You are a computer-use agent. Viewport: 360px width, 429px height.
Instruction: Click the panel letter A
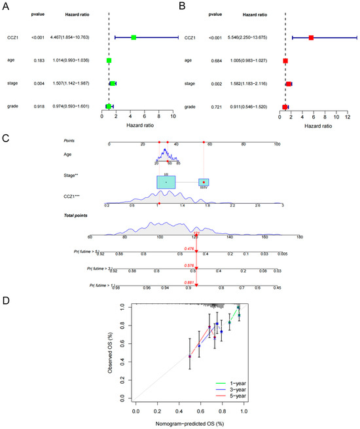point(5,6)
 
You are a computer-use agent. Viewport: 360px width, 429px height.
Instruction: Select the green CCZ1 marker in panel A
point(134,38)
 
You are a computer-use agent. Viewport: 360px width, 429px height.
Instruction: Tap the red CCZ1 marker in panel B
point(311,38)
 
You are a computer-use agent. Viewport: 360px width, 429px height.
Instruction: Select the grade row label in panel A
point(9,105)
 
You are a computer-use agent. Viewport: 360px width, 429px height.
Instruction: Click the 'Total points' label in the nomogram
point(75,214)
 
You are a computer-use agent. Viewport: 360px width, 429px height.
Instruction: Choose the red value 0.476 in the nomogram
point(189,248)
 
